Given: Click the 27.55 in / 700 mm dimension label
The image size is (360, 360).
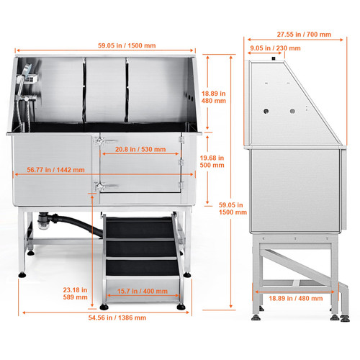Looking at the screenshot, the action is click(x=304, y=35).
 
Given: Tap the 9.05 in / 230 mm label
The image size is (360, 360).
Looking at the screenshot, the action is click(x=275, y=48).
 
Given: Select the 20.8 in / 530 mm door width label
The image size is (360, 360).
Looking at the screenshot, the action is click(x=140, y=149).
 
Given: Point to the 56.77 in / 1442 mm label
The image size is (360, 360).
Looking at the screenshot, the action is click(x=55, y=170).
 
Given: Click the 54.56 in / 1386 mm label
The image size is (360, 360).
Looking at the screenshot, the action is click(x=117, y=318).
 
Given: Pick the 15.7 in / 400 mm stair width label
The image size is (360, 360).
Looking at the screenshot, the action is click(x=143, y=291).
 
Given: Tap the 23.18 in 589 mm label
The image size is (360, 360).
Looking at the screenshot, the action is click(x=75, y=294).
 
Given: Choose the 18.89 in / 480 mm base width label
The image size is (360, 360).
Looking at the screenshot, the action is click(x=296, y=298).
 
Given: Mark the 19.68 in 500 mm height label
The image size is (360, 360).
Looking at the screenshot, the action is click(x=212, y=161).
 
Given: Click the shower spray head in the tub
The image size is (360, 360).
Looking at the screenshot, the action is click(x=27, y=68).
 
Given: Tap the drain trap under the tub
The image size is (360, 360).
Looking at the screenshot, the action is click(x=43, y=220).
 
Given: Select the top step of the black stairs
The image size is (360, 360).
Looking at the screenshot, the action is click(x=140, y=228).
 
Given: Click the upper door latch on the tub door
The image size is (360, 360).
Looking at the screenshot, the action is click(x=100, y=141).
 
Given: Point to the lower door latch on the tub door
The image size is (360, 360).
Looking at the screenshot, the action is click(x=100, y=186).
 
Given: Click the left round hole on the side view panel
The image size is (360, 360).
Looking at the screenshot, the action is click(x=266, y=112).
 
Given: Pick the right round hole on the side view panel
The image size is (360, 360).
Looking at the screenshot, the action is click(x=292, y=111).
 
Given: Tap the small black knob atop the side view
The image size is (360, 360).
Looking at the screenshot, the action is click(x=274, y=58).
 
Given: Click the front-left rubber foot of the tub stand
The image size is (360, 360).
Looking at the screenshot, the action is click(x=22, y=274).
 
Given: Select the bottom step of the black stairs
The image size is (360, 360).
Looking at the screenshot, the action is click(x=142, y=268).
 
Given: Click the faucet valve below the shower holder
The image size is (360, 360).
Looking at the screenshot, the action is click(x=26, y=98).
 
